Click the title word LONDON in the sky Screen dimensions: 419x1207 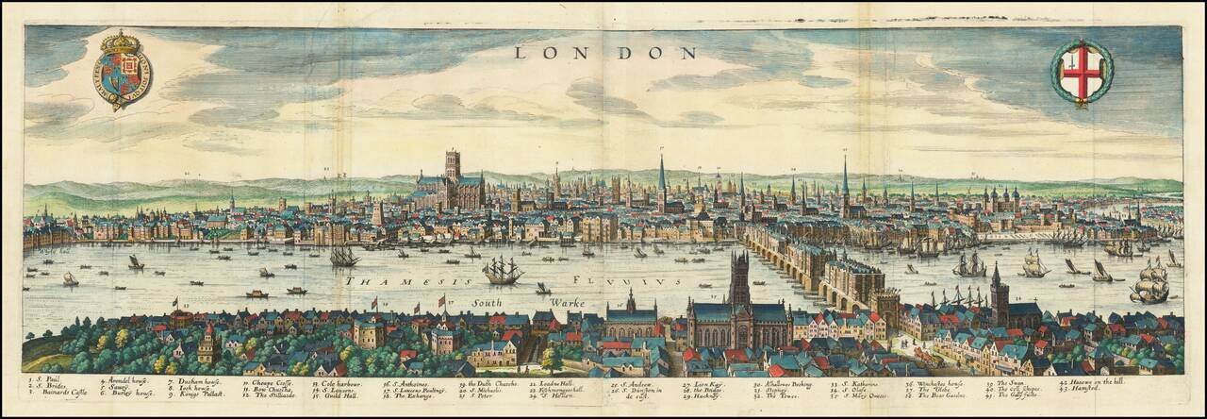point(604,53)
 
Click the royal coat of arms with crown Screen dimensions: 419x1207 point(123,69)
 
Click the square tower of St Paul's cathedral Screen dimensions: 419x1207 point(453,166)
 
